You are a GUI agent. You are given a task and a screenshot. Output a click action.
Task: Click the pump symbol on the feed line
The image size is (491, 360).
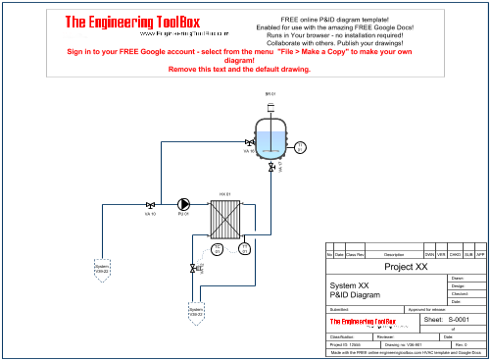182,205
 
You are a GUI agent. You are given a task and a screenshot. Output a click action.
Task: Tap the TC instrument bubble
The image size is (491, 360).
218,249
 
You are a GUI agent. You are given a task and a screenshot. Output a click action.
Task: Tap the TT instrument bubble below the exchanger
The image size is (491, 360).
241,249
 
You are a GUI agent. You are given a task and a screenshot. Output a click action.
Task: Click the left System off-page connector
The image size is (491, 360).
101,267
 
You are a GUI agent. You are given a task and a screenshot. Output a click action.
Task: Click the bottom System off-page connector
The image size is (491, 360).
195,312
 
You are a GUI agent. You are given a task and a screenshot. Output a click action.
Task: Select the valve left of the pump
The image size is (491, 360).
150,205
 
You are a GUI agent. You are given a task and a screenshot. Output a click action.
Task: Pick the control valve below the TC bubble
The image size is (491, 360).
194,267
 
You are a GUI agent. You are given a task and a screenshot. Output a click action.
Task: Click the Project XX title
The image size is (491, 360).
405,267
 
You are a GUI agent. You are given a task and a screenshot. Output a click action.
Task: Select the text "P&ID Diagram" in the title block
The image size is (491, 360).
351,294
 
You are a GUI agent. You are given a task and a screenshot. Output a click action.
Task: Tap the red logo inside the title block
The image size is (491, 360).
361,321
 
